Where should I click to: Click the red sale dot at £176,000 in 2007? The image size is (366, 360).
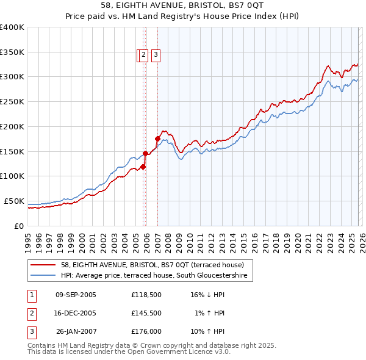click(157, 139)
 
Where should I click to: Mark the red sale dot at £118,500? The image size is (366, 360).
click(143, 167)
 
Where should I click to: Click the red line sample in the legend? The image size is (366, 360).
click(44, 265)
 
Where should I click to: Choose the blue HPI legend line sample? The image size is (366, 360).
click(44, 276)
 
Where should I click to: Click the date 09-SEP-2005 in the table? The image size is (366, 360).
click(76, 294)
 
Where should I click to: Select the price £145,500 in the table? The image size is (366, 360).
click(146, 313)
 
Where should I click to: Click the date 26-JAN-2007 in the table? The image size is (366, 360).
click(76, 331)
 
